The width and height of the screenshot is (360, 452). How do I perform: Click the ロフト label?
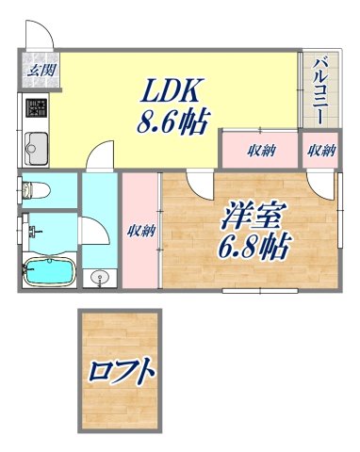tap(123, 371)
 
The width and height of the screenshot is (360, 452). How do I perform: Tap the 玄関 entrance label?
tap(39, 70)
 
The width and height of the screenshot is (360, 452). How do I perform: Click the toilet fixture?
tap(34, 189)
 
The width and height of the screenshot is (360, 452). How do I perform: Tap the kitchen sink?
tap(36, 147)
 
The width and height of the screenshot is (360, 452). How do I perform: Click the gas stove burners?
tap(35, 106)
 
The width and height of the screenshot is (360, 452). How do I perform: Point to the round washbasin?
tap(101, 277)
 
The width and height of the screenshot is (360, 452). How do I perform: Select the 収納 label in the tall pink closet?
tap(142, 231)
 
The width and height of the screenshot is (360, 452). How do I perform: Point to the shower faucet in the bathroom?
tap(32, 229)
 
